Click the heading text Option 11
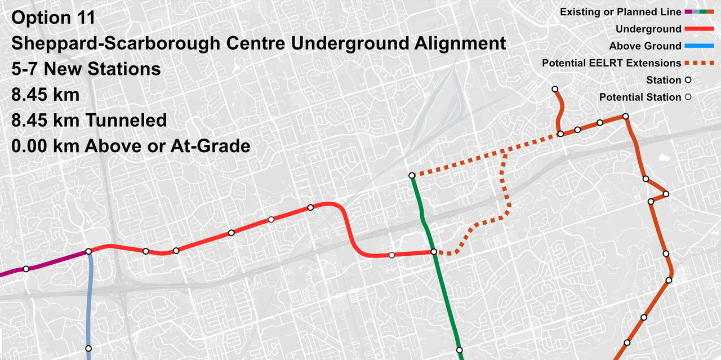click(53, 18)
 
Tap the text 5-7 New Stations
click(86, 69)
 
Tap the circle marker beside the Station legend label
click(688, 81)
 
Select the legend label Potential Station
click(640, 97)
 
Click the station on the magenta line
click(26, 269)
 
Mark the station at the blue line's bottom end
click(88, 348)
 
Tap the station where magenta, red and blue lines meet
click(88, 252)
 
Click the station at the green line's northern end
click(412, 176)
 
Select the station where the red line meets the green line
click(434, 252)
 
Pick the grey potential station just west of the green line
click(392, 255)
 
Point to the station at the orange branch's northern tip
click(555, 89)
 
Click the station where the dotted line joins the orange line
click(560, 134)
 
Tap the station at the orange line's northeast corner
click(625, 117)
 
